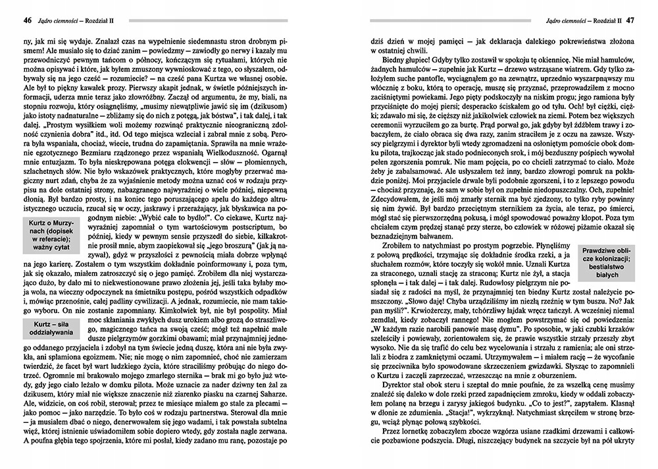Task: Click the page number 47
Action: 630,19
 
